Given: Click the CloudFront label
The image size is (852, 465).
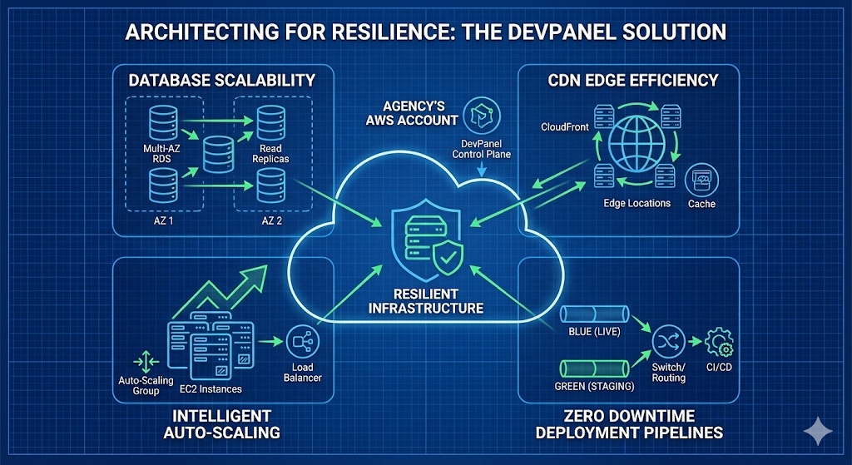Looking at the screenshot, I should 565,128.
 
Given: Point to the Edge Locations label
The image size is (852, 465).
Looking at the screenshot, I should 637,203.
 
